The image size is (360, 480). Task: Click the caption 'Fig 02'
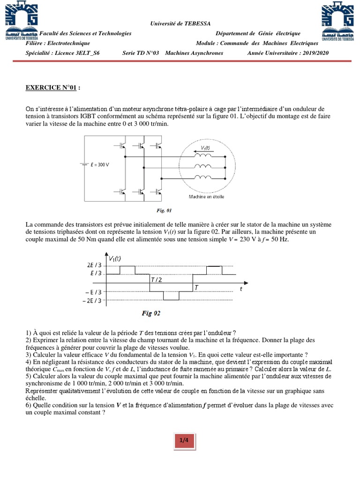151,313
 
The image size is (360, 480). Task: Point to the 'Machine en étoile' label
206,196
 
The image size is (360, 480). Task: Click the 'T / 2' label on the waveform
157,280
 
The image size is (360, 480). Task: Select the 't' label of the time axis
241,289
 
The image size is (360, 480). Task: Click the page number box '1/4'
184,440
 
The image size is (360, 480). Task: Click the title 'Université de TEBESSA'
180,23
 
